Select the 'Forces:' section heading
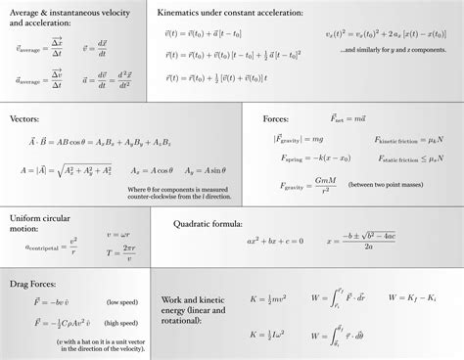(x=276, y=118)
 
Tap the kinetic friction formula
(x=402, y=140)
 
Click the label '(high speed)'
(x=122, y=322)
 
